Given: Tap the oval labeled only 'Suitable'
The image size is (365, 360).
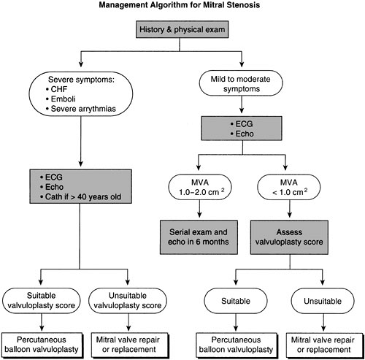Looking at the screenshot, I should (x=230, y=299).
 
